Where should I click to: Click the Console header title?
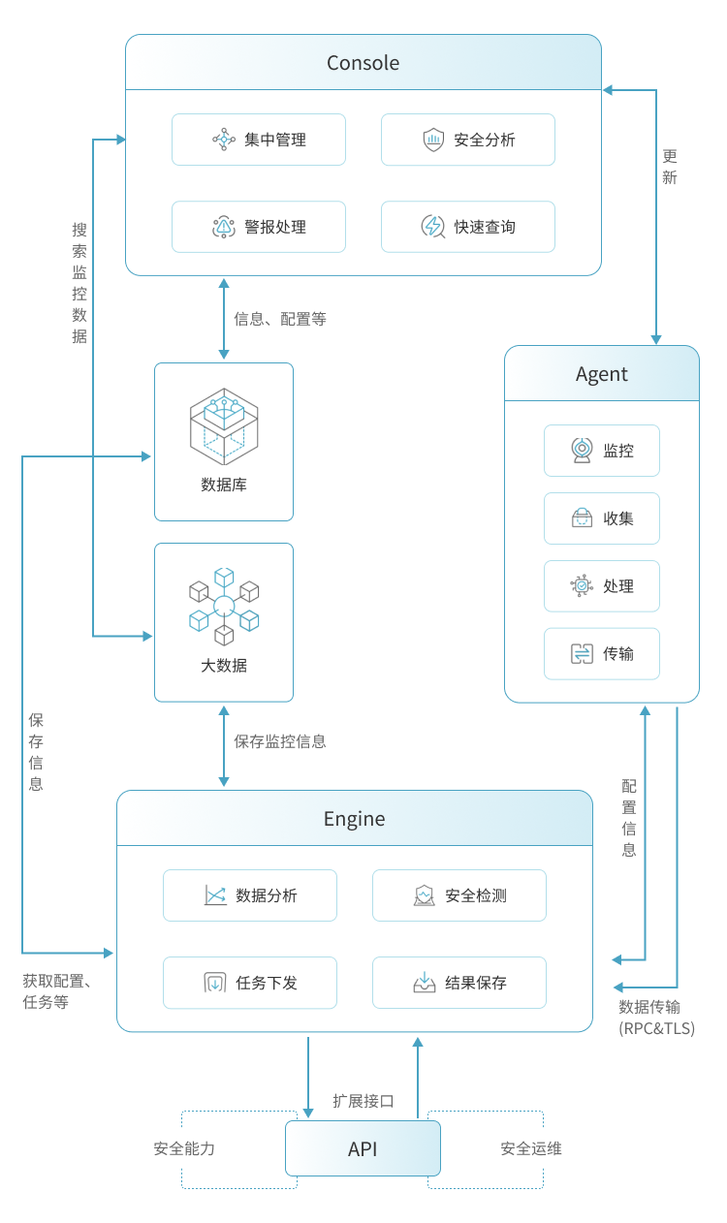point(363,63)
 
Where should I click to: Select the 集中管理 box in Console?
point(259,140)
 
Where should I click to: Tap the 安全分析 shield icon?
point(432,140)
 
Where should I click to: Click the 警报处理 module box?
point(259,227)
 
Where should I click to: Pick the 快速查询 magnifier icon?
point(432,227)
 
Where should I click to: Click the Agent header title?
point(601,374)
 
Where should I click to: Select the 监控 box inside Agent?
point(601,451)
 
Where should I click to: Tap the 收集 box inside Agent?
point(601,518)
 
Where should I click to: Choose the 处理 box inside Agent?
point(601,586)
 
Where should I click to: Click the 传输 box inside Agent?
point(601,654)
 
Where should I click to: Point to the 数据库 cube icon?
point(224,427)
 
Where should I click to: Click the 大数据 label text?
point(224,666)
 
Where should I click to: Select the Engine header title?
point(354,819)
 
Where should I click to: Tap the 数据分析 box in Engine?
point(250,895)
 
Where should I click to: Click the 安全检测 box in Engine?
point(459,895)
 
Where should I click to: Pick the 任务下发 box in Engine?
point(250,983)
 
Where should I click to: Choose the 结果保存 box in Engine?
point(459,983)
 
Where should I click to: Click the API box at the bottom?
point(363,1149)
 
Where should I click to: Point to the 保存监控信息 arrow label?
point(280,741)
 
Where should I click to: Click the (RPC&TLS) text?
point(657,1028)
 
